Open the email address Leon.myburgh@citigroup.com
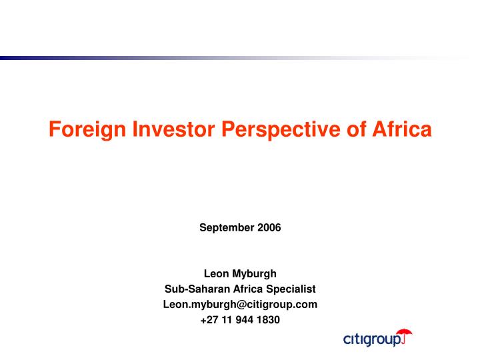[240, 304]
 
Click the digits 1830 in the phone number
[269, 319]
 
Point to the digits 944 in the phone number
[244, 319]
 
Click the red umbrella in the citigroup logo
[403, 335]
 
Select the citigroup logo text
[372, 340]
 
